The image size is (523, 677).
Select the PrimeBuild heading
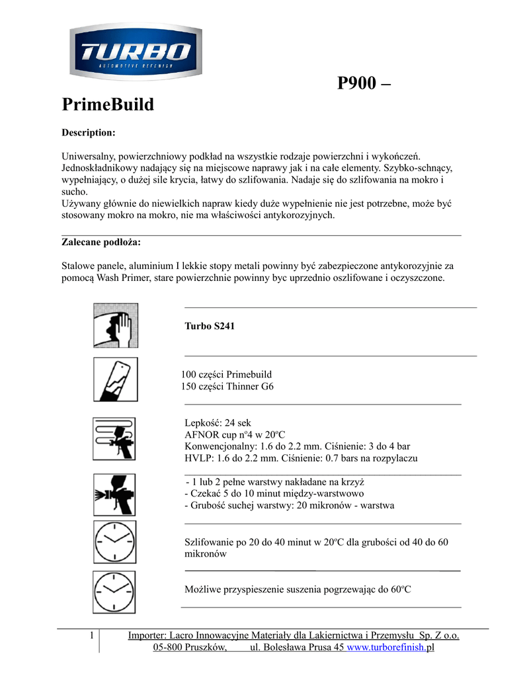click(108, 104)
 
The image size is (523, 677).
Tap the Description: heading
click(89, 133)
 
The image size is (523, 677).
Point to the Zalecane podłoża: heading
click(101, 242)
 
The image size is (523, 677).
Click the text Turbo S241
click(210, 326)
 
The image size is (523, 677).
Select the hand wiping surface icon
click(115, 326)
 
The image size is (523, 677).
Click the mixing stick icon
click(115, 379)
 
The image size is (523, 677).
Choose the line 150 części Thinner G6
click(227, 386)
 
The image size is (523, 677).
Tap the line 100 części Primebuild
click(227, 374)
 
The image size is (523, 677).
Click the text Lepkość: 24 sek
click(218, 423)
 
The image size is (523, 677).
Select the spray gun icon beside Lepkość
click(115, 438)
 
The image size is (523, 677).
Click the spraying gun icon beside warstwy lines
click(115, 495)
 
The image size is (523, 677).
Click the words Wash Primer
click(123, 278)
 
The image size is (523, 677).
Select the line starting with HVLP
click(301, 458)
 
